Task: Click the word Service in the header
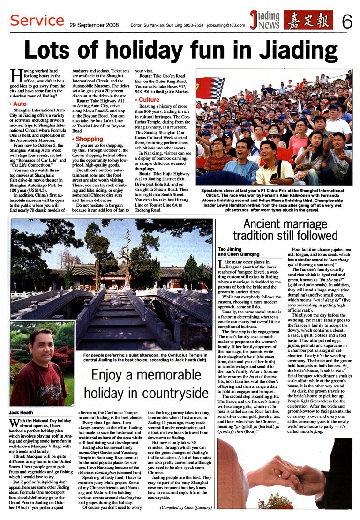[37, 20]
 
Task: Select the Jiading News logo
[265, 20]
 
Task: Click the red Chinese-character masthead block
[307, 20]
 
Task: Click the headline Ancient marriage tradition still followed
[285, 229]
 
